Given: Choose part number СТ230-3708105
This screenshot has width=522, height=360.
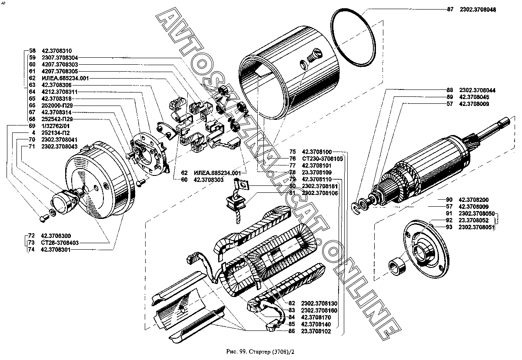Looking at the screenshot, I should point(322,159).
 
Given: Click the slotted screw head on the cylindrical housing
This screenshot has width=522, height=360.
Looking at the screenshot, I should point(314,57).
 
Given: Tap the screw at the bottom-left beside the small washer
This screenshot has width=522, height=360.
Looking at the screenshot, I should point(43,216).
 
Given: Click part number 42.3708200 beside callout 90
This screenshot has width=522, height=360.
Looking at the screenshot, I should point(476,199).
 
